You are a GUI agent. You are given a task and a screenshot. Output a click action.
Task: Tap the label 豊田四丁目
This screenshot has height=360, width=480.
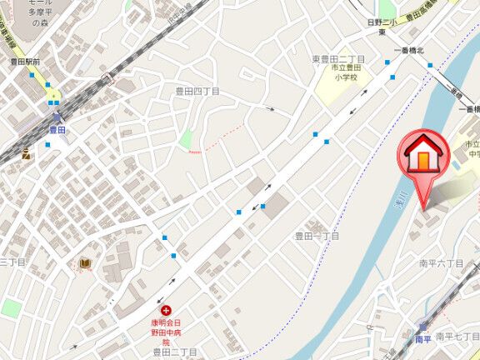click(197, 92)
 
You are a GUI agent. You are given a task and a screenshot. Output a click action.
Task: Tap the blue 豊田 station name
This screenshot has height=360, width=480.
click(57, 130)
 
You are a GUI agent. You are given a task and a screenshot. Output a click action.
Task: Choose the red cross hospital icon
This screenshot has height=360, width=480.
click(165, 310)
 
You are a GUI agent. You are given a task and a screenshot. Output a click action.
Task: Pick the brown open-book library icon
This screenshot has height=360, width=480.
click(84, 264)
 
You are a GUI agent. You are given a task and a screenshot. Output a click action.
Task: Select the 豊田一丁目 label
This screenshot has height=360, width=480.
click(317, 237)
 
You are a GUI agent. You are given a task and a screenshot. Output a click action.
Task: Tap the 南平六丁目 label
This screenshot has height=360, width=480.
click(441, 263)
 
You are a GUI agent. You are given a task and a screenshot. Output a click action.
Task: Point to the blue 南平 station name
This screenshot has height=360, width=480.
click(423, 339)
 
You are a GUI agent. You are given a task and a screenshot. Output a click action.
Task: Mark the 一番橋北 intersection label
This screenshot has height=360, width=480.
click(409, 52)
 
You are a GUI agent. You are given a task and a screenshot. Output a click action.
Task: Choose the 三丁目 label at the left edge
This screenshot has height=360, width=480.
click(13, 262)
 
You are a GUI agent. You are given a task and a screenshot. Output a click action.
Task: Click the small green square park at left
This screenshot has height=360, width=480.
click(11, 308)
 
